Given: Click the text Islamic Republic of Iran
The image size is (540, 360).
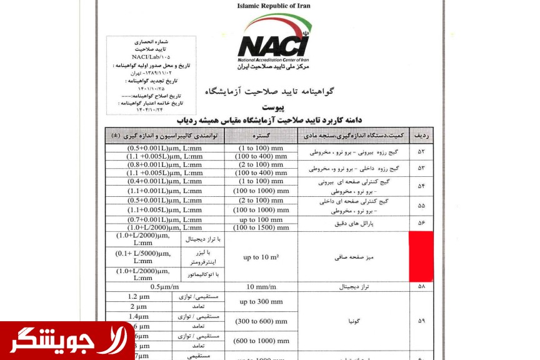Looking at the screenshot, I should pyautogui.click(x=272, y=6).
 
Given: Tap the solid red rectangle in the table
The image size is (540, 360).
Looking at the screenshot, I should pyautogui.click(x=421, y=256).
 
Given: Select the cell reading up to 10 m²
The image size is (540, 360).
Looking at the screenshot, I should pyautogui.click(x=261, y=256).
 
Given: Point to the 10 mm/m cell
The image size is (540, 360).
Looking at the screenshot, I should pyautogui.click(x=261, y=287).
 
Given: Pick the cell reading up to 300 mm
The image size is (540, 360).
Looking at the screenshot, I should pyautogui.click(x=261, y=302).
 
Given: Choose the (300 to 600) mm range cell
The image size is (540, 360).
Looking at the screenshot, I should pyautogui.click(x=261, y=321).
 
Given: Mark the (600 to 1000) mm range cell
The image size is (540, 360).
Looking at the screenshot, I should pyautogui.click(x=261, y=341).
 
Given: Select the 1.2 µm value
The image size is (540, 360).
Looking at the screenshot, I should pyautogui.click(x=138, y=297).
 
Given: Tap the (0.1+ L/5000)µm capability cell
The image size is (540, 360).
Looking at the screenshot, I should pyautogui.click(x=142, y=256).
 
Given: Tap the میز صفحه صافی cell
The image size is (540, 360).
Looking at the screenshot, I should pyautogui.click(x=354, y=256).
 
